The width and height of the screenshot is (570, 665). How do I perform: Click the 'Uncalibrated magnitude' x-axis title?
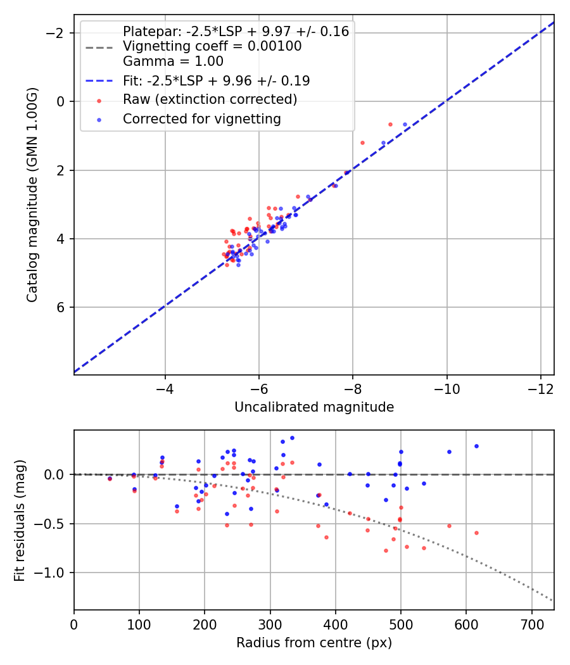tap(314, 407)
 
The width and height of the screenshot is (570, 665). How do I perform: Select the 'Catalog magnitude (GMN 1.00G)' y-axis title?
tap(32, 195)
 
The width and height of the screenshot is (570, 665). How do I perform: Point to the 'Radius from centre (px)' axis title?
tap(314, 643)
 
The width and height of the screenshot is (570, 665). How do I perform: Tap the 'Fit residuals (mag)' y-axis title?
tap(20, 519)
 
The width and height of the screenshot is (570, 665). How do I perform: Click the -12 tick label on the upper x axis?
tap(540, 387)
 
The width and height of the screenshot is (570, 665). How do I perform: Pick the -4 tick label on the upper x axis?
tap(165, 387)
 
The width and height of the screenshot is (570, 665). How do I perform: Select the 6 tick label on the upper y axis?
tap(61, 308)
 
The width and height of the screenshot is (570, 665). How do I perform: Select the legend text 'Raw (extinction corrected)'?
tap(210, 99)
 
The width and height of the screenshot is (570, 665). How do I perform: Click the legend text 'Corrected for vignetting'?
tap(202, 118)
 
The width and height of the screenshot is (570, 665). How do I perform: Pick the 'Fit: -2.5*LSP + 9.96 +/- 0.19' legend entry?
tap(216, 81)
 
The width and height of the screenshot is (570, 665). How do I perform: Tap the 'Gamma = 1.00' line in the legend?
tap(173, 61)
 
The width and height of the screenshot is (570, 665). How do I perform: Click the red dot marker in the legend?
tap(98, 100)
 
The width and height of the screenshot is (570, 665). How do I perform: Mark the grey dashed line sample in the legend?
tap(98, 47)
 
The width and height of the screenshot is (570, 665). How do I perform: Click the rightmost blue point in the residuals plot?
tap(476, 446)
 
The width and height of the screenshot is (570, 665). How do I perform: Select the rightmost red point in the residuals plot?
tap(476, 533)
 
